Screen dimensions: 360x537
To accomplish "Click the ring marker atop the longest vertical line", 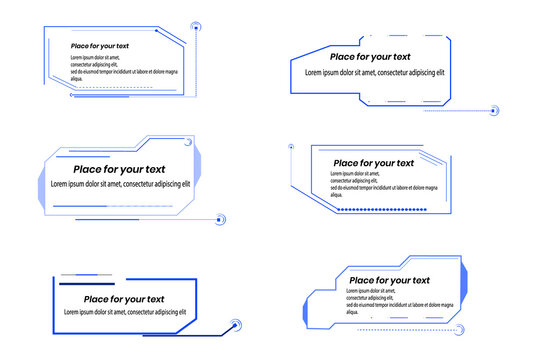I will click(x=196, y=27).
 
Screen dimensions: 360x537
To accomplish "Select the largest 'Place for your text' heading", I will click(x=122, y=169).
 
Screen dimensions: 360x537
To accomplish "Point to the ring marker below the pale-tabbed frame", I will click(x=222, y=219).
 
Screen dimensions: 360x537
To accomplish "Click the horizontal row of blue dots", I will click(x=382, y=209).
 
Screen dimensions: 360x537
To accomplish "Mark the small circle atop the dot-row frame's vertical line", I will click(x=291, y=147).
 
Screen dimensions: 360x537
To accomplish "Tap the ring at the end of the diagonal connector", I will click(x=236, y=324).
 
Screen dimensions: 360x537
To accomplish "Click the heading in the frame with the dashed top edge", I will click(x=370, y=57).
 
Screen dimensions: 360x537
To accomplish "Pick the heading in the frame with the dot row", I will click(x=373, y=163).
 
